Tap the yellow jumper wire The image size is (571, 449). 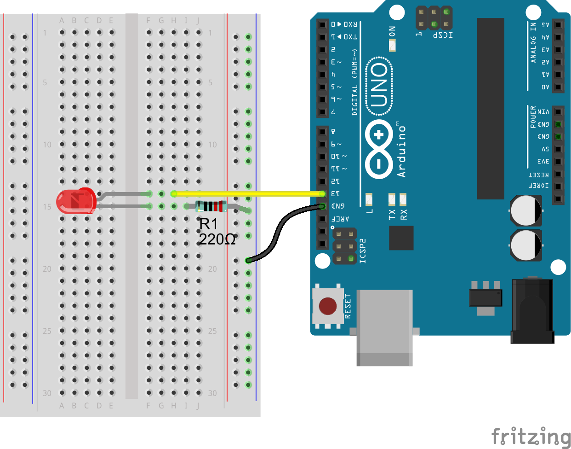click(x=248, y=194)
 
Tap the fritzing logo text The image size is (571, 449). click(x=531, y=437)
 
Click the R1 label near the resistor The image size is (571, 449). click(x=208, y=224)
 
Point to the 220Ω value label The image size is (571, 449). click(x=217, y=239)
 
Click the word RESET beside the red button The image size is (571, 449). click(x=348, y=306)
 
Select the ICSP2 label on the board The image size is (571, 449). click(x=363, y=251)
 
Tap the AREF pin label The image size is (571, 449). click(x=341, y=219)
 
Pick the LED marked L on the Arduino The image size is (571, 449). click(x=369, y=199)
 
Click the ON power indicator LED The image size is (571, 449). click(x=392, y=45)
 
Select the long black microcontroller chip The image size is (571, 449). click(x=491, y=109)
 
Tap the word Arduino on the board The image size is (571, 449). click(x=402, y=151)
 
